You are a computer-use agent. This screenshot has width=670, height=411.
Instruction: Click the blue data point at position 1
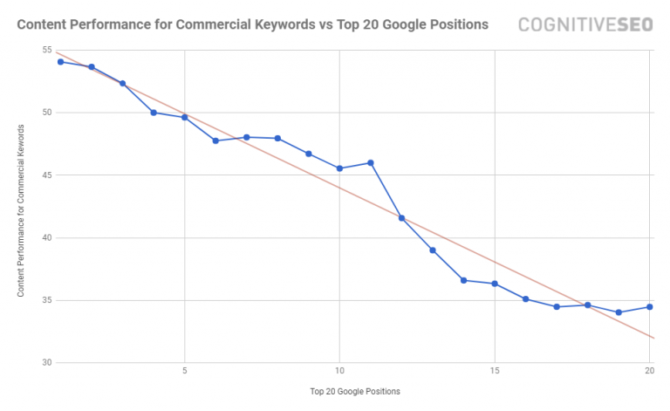tap(60, 61)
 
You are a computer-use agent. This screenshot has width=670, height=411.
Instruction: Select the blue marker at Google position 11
tap(371, 162)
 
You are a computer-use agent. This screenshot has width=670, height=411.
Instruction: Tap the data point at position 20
tap(650, 306)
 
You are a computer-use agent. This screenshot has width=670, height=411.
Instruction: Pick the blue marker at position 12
tap(401, 217)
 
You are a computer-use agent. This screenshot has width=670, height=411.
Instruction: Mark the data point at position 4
tap(154, 113)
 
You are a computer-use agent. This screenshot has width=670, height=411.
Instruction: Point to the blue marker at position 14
tap(463, 280)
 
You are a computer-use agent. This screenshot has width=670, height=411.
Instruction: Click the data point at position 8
tap(277, 138)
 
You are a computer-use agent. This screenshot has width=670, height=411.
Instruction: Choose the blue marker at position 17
tap(557, 306)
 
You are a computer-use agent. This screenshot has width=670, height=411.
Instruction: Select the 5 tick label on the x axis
tap(184, 370)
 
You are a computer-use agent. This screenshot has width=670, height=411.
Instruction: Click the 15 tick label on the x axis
tap(495, 370)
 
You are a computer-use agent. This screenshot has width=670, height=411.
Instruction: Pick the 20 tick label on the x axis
tap(650, 370)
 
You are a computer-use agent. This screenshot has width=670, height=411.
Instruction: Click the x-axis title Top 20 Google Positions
tap(354, 391)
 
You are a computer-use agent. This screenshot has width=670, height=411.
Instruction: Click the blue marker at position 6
tap(215, 140)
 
